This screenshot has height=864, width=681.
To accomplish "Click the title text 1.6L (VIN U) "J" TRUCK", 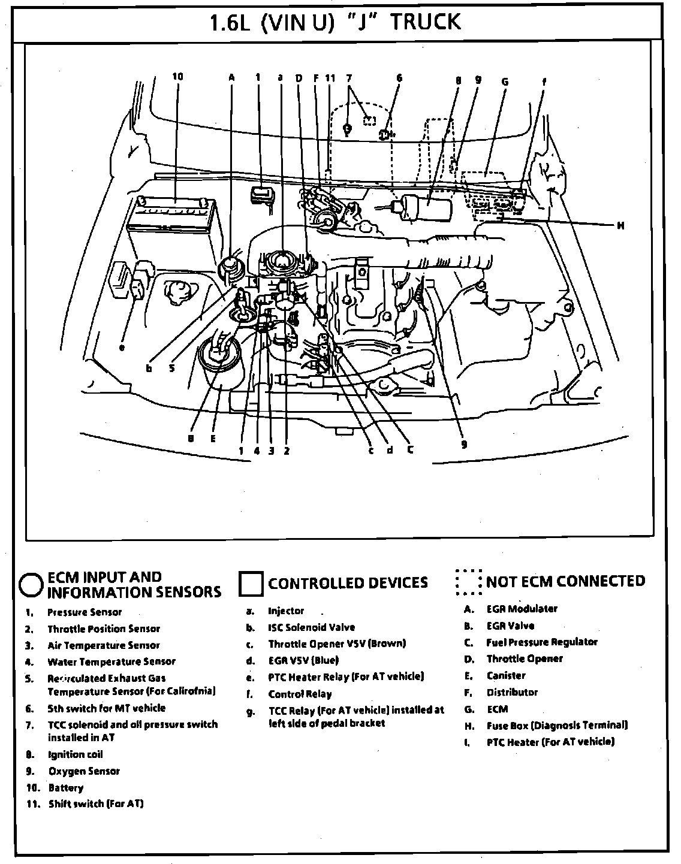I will (335, 22).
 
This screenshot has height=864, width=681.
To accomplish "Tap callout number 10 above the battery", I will (177, 77).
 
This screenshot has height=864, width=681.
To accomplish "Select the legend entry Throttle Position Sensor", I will (104, 629).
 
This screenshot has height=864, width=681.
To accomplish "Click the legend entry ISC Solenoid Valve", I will (311, 627).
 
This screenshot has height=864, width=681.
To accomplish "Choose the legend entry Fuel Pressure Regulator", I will (541, 642).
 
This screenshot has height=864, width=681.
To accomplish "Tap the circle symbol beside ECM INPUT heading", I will (31, 584).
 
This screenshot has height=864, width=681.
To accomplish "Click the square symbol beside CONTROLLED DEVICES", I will (251, 584).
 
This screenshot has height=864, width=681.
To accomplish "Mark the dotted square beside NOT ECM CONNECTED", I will (468, 582).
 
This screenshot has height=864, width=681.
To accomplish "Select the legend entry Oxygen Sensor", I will (84, 771).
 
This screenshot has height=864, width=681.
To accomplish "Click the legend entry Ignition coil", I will (76, 754).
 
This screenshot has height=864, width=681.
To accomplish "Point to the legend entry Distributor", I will (512, 692).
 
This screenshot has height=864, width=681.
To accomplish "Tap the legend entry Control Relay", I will (300, 694).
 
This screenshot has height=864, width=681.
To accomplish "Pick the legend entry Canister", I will (506, 675).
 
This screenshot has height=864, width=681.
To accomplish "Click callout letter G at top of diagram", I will (504, 81).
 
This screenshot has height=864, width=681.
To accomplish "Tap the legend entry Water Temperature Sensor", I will (112, 661).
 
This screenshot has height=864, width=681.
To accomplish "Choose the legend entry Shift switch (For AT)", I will (96, 803).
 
